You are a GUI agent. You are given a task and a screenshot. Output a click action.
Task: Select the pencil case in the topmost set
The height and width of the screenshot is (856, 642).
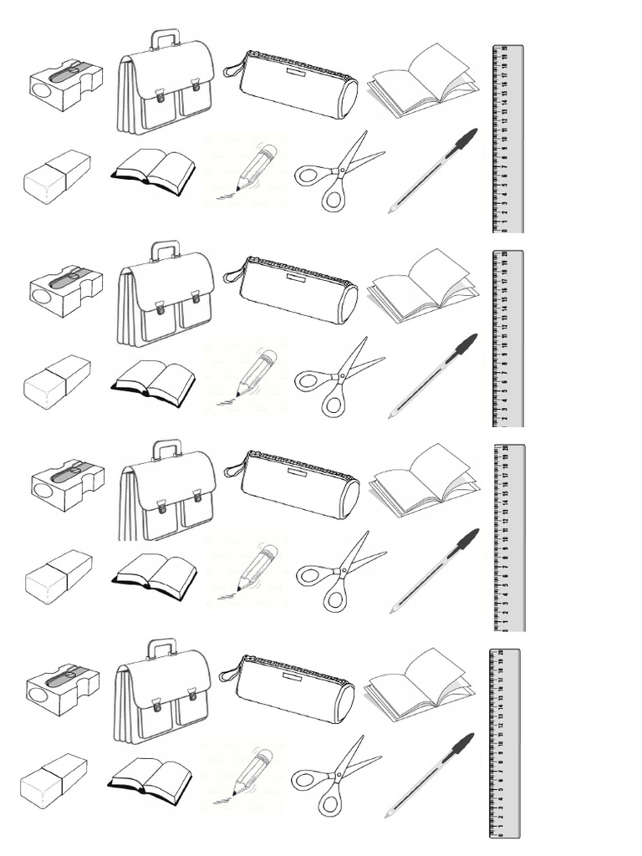(293, 84)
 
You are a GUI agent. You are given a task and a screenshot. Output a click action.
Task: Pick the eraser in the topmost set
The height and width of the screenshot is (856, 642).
(56, 176)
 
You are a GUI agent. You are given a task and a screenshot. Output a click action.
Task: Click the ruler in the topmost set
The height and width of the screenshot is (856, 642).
(507, 138)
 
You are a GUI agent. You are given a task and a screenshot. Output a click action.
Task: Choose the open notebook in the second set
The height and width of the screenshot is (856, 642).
(422, 287)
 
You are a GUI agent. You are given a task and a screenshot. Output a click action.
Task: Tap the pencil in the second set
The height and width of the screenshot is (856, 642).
(254, 374)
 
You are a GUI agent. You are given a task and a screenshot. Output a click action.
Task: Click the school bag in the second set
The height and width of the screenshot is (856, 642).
(166, 299)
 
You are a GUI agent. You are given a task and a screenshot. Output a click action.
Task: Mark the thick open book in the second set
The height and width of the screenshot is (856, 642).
(153, 382)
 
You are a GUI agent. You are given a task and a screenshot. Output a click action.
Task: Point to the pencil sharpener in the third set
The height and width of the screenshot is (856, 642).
(68, 484)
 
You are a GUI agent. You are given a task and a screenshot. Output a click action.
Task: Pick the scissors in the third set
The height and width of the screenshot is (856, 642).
(338, 571)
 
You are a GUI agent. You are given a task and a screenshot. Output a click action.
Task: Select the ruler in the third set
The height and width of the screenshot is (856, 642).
(510, 538)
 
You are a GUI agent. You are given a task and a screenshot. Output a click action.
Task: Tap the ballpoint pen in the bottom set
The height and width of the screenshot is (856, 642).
(429, 773)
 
